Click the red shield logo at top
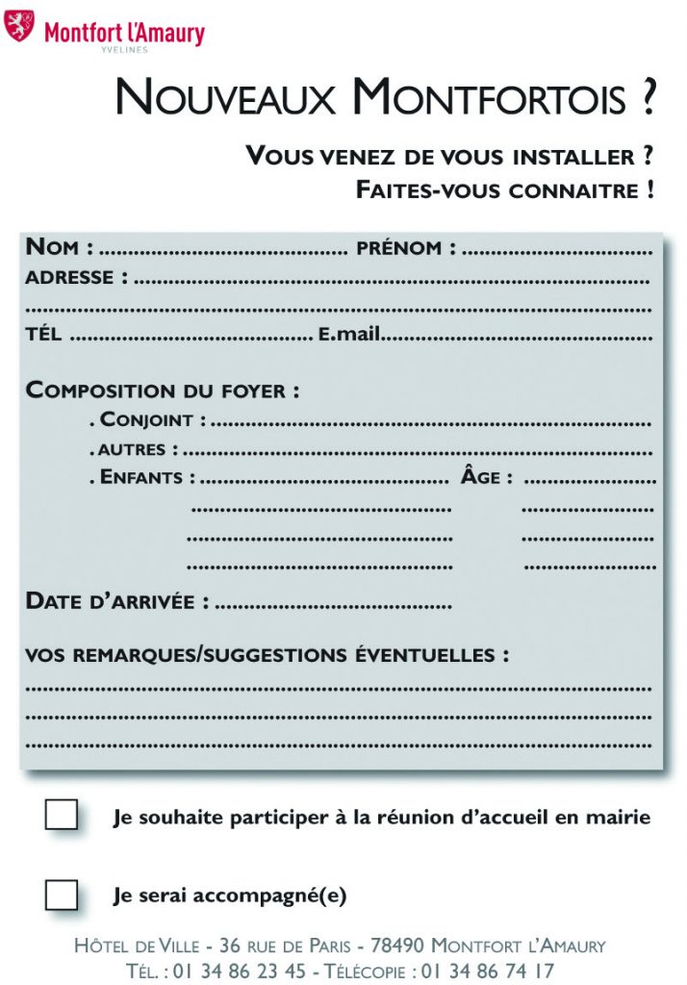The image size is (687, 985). (19, 26)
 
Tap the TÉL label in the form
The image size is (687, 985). (43, 335)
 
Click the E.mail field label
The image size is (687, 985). (349, 335)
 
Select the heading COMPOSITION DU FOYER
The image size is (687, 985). (162, 391)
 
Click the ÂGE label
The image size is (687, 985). (486, 477)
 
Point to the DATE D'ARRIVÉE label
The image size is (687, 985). (116, 602)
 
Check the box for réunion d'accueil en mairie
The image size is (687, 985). (62, 816)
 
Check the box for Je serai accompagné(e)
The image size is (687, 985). (62, 896)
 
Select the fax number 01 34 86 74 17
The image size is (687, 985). (488, 971)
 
